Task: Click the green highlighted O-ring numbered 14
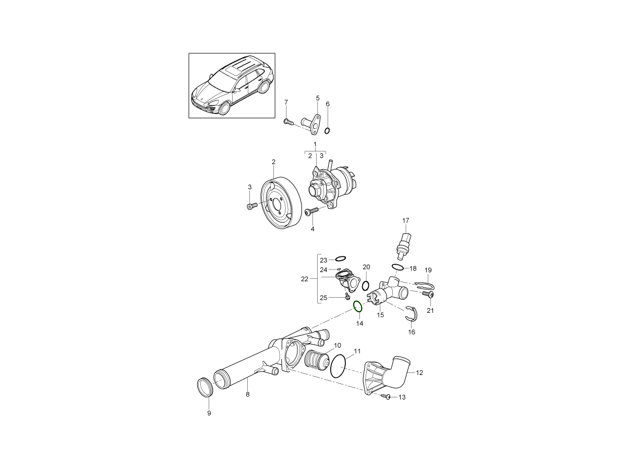point(358,307)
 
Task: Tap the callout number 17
point(405,220)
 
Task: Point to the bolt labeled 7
point(287,122)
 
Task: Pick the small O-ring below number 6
point(327,130)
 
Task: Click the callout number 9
point(209,413)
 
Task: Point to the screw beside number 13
point(387,397)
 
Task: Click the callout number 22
point(305,279)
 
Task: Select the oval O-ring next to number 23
point(340,259)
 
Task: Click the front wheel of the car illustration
point(225,109)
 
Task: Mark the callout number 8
point(247,394)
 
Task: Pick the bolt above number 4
point(311,211)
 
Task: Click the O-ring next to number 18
point(398,268)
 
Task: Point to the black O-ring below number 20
point(366,286)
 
